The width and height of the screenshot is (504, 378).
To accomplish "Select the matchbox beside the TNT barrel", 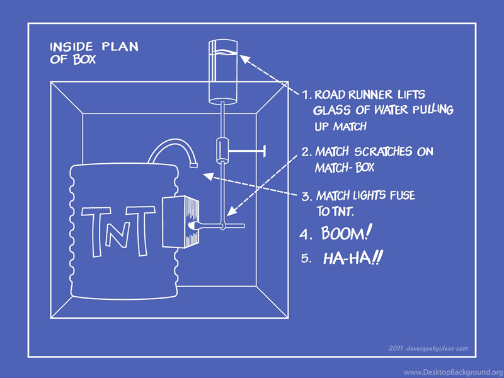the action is (x=181, y=222).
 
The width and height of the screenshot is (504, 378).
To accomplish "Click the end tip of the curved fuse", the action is (x=193, y=165).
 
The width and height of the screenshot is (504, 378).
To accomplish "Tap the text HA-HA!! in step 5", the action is (x=353, y=258).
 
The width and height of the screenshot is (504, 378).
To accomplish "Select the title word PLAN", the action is (x=120, y=47).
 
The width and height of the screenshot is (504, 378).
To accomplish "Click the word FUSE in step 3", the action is (x=403, y=195).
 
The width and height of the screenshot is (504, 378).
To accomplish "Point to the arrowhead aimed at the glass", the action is (x=245, y=59).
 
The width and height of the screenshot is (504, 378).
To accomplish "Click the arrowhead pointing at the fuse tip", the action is (x=208, y=176).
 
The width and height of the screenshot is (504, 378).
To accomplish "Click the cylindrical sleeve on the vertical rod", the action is (x=222, y=150).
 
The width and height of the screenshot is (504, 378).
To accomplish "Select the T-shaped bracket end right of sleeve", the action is (x=265, y=151).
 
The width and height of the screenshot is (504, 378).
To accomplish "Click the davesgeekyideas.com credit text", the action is (x=428, y=348).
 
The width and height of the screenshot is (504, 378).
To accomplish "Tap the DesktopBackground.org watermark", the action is (x=454, y=372).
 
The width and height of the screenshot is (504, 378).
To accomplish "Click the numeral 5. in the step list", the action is (x=306, y=258).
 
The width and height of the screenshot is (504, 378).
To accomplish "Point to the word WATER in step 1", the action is (x=389, y=110).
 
